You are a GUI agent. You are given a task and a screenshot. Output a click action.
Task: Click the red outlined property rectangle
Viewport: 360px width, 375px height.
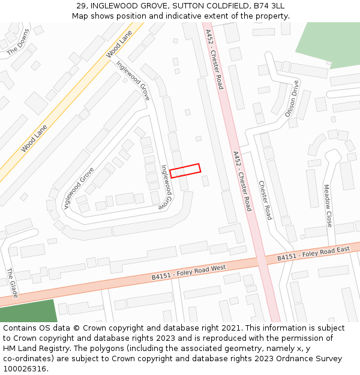185,170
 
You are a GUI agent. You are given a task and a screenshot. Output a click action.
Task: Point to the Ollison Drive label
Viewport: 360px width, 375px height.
291,99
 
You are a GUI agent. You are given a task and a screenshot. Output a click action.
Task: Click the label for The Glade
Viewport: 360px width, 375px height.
12,283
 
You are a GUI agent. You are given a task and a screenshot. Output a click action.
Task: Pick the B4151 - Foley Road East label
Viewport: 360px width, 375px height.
313,253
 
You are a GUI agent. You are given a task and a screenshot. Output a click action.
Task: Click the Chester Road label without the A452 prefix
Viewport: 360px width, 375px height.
265,200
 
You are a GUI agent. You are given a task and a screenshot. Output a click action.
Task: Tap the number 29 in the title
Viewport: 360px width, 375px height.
81,6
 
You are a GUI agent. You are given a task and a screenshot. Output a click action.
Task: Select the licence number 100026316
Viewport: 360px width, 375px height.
25,369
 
